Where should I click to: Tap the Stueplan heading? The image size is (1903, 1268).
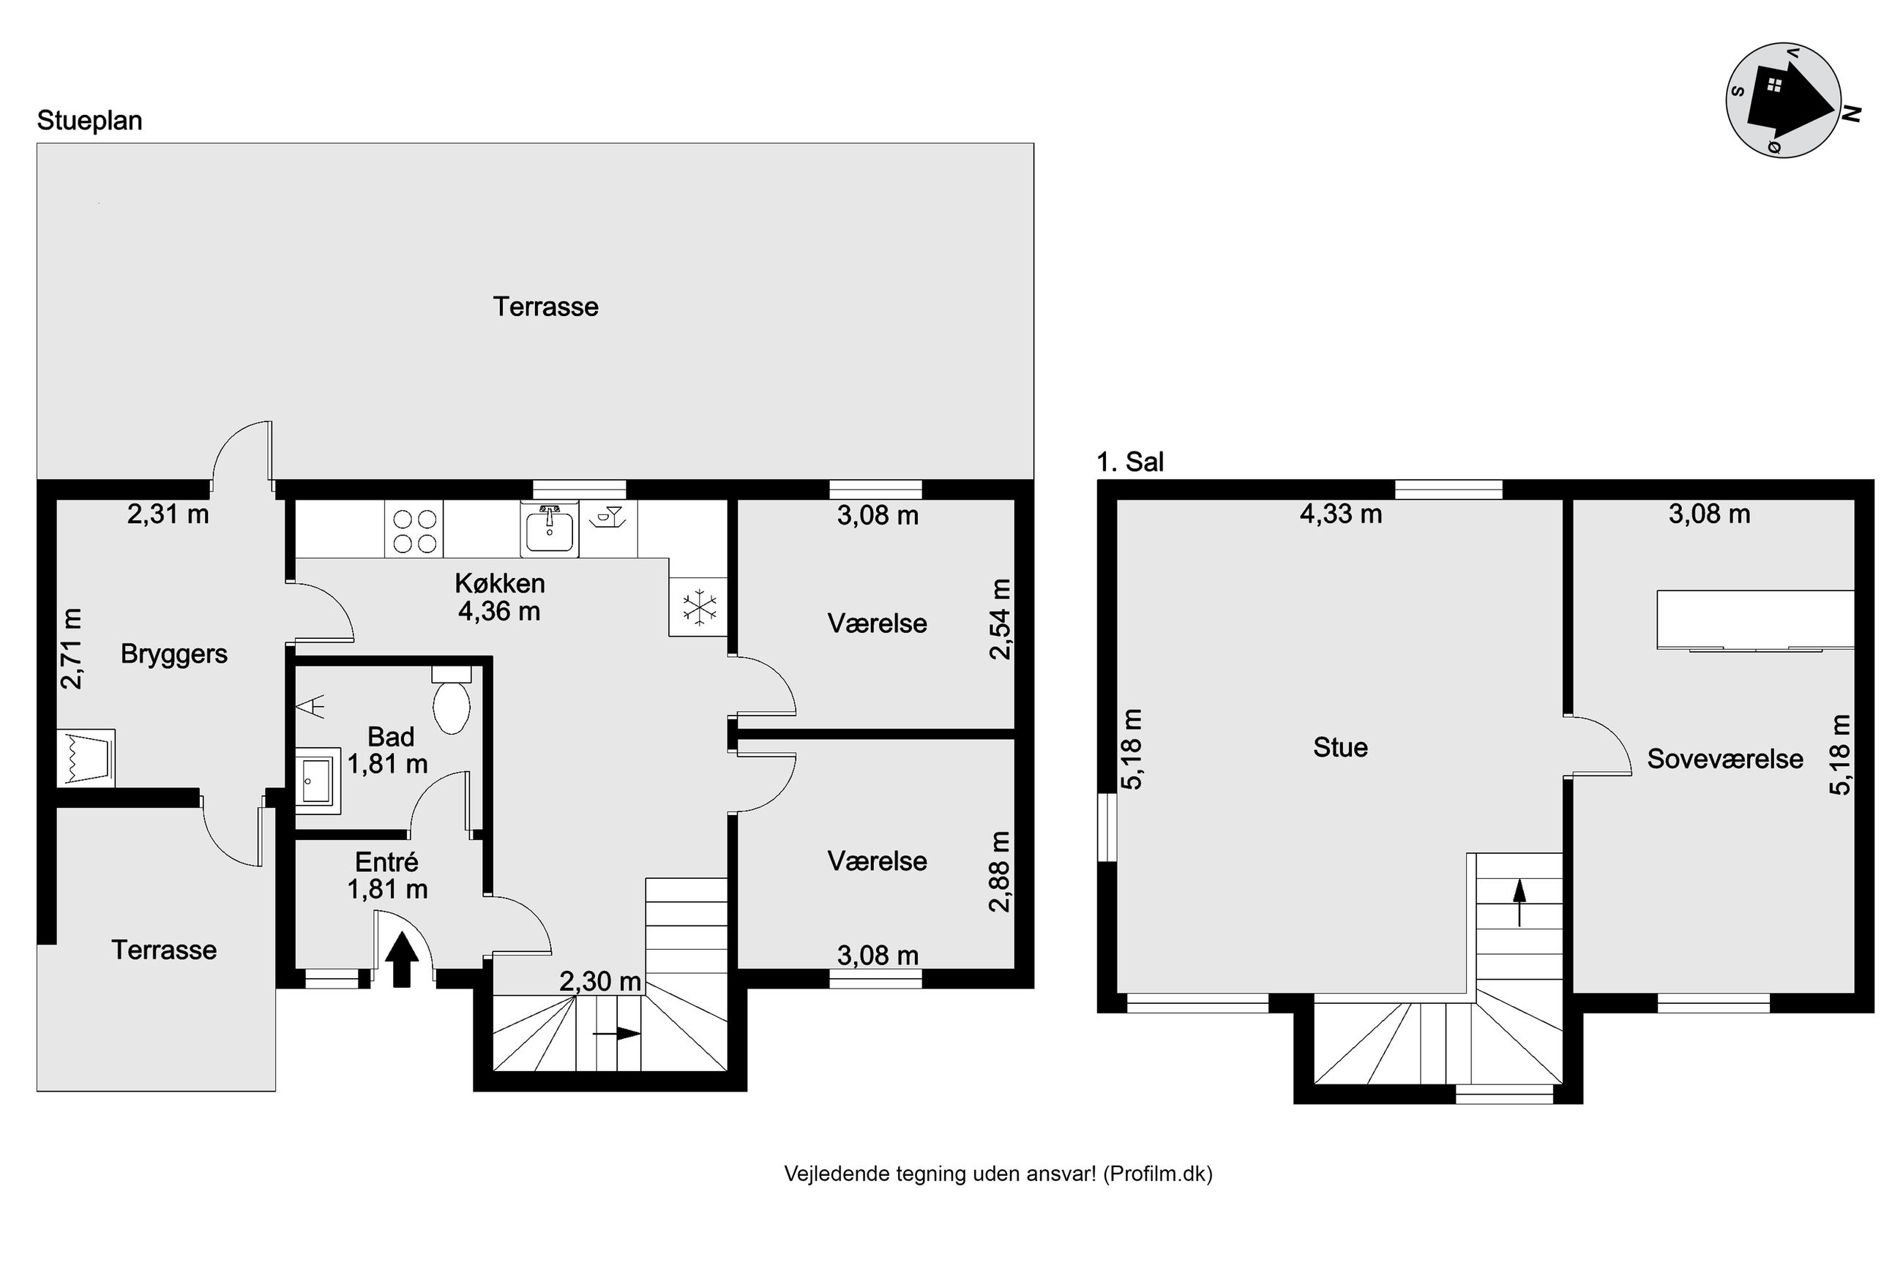click(x=90, y=121)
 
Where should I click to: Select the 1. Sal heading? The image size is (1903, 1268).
click(x=1130, y=462)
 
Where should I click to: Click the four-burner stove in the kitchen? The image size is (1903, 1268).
click(x=415, y=529)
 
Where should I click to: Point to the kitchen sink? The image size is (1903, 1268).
click(x=550, y=529)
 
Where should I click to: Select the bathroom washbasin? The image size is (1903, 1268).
click(x=317, y=776)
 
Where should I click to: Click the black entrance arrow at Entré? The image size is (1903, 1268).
click(x=402, y=959)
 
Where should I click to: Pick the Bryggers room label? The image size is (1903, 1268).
click(x=174, y=653)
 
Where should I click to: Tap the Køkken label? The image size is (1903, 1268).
click(x=500, y=583)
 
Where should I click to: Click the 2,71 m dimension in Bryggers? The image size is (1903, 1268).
click(x=72, y=648)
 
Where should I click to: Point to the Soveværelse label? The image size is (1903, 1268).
click(x=1725, y=759)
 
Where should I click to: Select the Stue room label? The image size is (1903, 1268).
click(x=1340, y=747)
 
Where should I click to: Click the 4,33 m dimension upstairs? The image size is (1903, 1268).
click(x=1341, y=514)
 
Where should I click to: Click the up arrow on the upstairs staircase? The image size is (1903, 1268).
click(x=1519, y=901)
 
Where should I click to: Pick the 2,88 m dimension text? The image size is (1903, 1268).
click(x=1001, y=871)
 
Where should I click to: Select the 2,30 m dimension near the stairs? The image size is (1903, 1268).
click(x=600, y=982)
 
